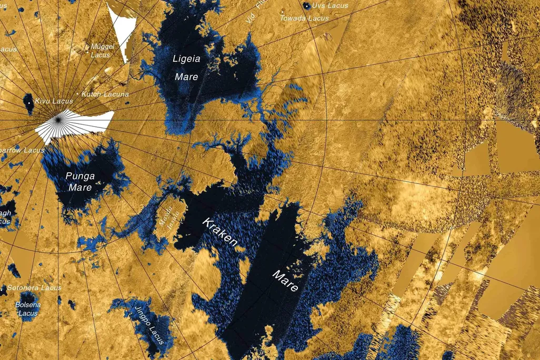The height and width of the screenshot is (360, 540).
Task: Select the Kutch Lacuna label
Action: (x=105, y=94)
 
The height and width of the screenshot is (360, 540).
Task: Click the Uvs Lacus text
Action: (x=330, y=6)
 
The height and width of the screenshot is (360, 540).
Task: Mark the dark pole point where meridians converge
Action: (x=57, y=120)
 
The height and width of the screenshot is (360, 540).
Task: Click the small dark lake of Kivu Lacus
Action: (x=28, y=104)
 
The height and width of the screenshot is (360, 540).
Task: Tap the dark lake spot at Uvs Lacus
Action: (x=307, y=6)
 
